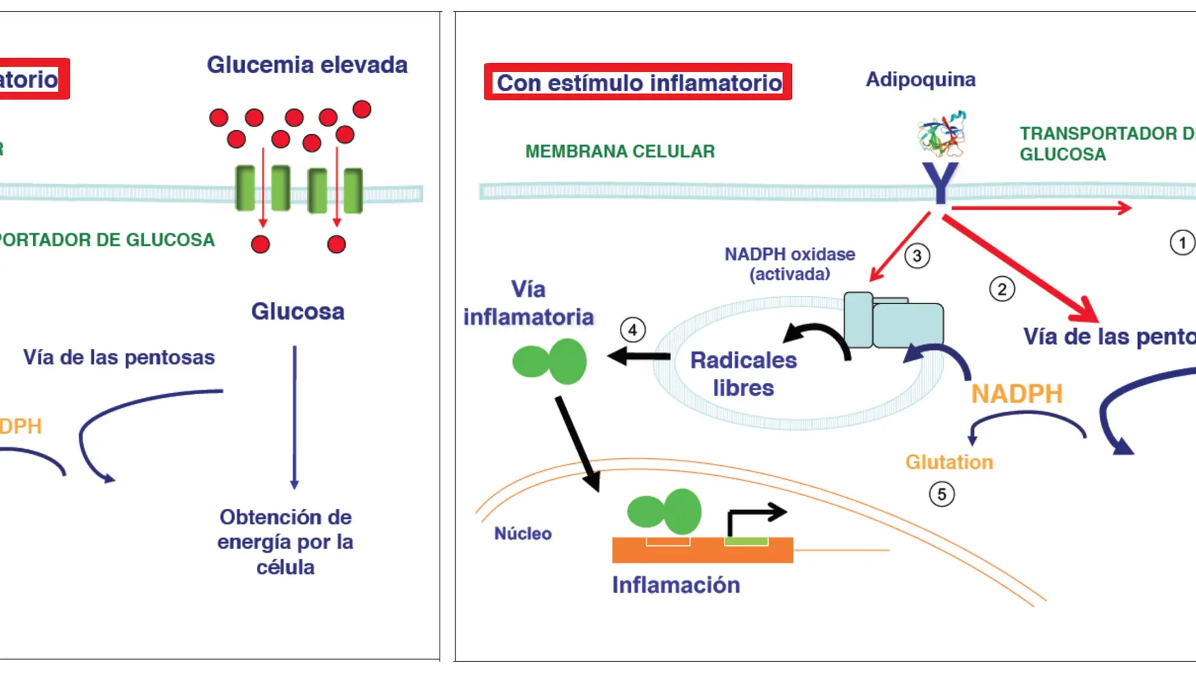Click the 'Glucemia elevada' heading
(x=307, y=65)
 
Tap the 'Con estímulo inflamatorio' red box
(x=638, y=82)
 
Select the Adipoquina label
(x=920, y=79)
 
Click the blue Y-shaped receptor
(x=940, y=183)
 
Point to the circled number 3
(x=917, y=256)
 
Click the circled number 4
(x=633, y=330)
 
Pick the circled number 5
(x=942, y=494)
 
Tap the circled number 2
(x=1001, y=290)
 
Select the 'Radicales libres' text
(x=743, y=373)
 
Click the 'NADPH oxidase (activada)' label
(x=789, y=264)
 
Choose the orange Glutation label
(x=949, y=462)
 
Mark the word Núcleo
(x=522, y=534)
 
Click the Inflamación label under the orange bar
(x=676, y=585)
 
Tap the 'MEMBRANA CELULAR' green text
(x=620, y=152)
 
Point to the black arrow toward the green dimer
(x=638, y=356)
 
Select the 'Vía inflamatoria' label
(x=528, y=303)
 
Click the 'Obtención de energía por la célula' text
(x=285, y=542)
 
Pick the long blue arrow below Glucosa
(x=294, y=416)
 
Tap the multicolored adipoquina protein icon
(x=941, y=134)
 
